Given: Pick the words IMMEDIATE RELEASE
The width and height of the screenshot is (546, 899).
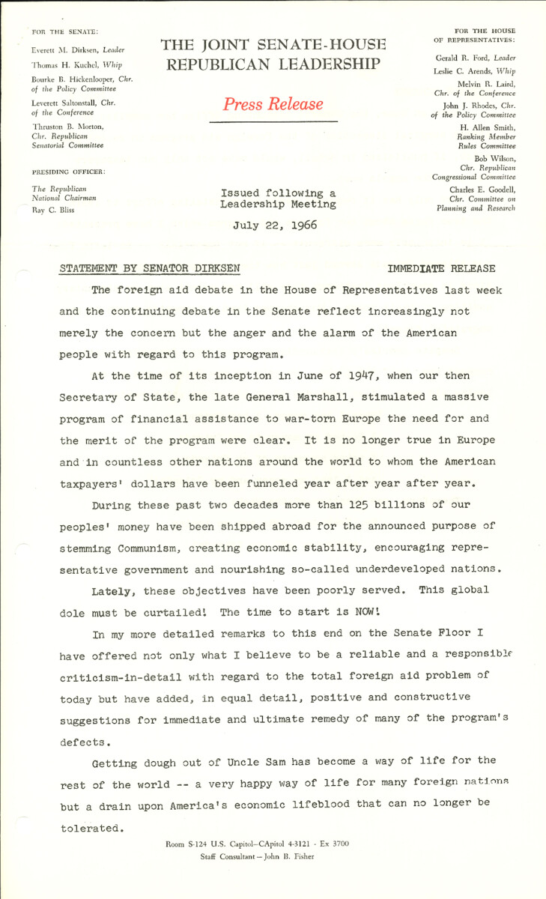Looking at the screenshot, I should (x=441, y=267).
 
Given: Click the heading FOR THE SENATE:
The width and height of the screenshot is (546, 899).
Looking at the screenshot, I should (x=64, y=31).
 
